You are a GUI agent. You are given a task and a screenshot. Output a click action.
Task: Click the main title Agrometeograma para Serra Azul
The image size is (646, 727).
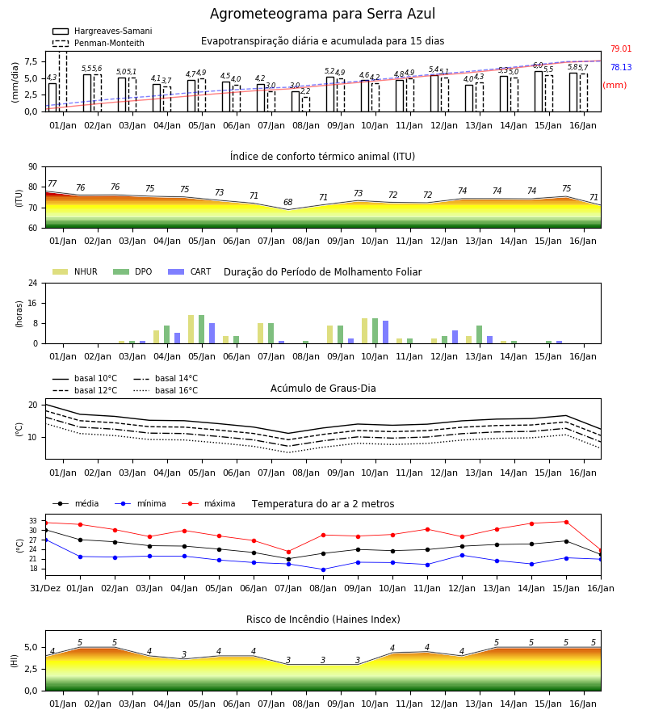[322, 14]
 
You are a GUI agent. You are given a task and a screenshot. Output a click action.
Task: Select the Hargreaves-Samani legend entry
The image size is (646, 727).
[102, 31]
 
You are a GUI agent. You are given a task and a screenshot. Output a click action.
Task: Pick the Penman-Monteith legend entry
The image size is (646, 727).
[99, 43]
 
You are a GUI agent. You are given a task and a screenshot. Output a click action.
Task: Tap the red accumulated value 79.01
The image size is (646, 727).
[621, 48]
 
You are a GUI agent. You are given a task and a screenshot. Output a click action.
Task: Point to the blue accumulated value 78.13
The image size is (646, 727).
[621, 67]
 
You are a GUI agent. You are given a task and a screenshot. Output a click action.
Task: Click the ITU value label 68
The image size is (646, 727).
[287, 202]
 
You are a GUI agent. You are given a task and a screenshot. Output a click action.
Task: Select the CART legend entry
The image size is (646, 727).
[190, 271]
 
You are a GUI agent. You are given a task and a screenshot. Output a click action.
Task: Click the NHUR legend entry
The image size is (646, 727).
[75, 271]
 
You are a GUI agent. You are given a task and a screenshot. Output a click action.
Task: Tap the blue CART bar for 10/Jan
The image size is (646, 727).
[385, 332]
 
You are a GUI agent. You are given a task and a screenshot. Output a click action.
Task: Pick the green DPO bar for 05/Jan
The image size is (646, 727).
[202, 330]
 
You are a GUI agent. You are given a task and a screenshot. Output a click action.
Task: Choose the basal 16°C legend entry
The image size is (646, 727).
[166, 390]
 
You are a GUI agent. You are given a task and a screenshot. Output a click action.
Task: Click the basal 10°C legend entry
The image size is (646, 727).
[85, 378]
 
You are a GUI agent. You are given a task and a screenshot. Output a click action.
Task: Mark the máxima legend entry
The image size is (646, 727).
[208, 503]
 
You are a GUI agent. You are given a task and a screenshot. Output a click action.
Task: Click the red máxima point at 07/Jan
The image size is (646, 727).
[289, 552]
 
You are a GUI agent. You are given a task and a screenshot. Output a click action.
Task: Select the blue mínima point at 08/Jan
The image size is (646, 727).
[324, 569]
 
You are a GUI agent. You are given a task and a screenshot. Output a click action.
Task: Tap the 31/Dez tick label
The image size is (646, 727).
[45, 588]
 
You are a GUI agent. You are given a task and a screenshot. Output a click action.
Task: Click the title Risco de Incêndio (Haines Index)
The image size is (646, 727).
[323, 619]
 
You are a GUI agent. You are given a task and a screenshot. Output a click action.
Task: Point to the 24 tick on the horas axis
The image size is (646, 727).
[33, 283]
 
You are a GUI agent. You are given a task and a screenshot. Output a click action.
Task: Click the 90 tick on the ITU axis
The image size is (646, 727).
[33, 167]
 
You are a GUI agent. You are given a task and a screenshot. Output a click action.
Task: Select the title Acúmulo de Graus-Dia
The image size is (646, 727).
[323, 388]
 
